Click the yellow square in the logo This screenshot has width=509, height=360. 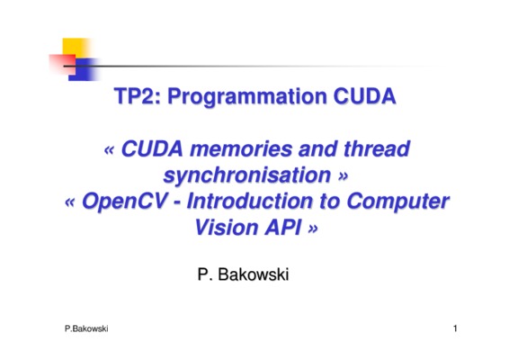coord(76,49)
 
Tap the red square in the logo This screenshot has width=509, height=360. coord(62,64)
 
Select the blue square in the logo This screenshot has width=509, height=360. coord(84,69)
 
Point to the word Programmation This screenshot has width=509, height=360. coord(247,97)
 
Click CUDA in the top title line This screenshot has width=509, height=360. coord(364,96)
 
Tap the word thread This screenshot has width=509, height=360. coord(377,148)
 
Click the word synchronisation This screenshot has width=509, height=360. coord(247,175)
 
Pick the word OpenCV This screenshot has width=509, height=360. coord(125,202)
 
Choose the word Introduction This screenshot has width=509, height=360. coord(249,201)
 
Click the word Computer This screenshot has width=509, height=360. coord(397,202)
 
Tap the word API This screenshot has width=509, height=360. coord(282,227)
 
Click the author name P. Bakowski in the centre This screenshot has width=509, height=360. coord(243,274)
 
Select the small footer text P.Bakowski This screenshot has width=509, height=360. coord(86,328)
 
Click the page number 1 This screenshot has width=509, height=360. coord(455,328)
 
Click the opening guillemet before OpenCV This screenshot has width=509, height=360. coord(70,202)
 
